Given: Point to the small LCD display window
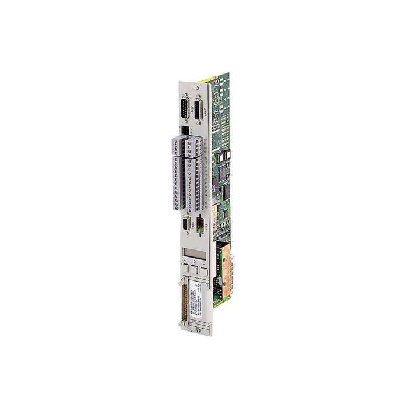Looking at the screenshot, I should point(194,253).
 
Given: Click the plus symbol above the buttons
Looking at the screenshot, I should point(185,261).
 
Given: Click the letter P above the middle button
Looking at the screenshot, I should point(195,263).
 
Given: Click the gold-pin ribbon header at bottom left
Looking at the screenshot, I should point(185,300).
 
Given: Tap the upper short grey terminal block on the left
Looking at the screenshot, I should point(177,146).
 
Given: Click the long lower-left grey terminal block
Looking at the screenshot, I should point(177,181).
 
